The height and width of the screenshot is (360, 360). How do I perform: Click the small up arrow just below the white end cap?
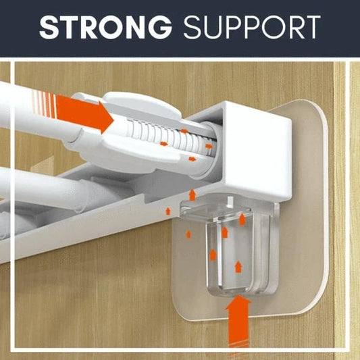[191, 195]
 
